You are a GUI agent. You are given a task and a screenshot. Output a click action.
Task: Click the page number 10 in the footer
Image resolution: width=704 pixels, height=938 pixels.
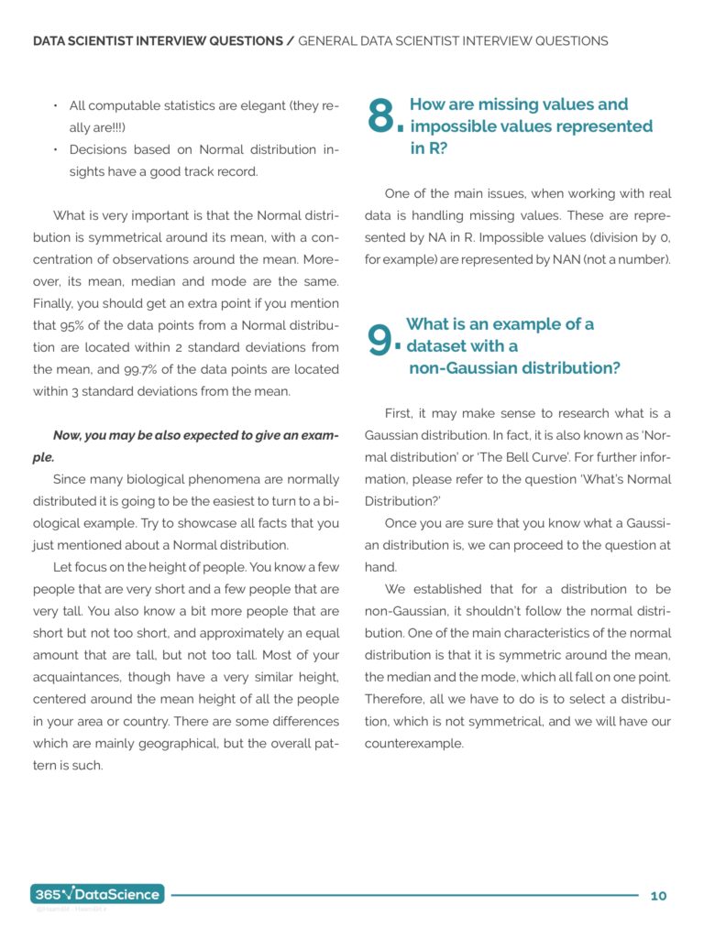pos(658,895)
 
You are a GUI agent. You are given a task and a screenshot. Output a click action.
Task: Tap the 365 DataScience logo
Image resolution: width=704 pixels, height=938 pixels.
pos(97,894)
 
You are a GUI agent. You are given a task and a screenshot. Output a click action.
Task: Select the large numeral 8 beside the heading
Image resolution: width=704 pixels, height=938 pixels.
pos(380,117)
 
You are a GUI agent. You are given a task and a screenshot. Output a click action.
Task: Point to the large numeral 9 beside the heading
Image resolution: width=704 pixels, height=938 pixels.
pos(379,341)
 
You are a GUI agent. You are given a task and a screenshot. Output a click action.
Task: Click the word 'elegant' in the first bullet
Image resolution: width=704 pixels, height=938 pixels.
pos(258,106)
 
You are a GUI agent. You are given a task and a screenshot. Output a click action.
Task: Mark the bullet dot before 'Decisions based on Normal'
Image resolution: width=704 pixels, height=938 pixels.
pos(56,149)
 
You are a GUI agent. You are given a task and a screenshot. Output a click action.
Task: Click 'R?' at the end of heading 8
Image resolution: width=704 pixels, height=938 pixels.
pos(428,147)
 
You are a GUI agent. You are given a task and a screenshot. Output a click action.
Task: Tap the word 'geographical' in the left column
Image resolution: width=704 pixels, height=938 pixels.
pos(189,743)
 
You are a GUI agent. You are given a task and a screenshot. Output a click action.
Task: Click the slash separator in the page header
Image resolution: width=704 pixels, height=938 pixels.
pos(291,41)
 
